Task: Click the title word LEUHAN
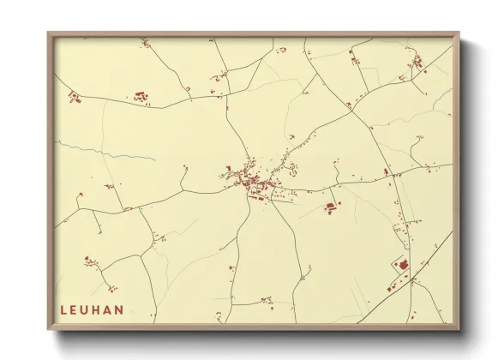click(92, 309)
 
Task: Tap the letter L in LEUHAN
click(63, 309)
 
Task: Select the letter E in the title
click(75, 309)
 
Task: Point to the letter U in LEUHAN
click(86, 309)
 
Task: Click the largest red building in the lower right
click(402, 265)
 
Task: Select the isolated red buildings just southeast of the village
click(331, 206)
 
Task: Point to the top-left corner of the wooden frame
click(49, 33)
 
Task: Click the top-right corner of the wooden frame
click(459, 33)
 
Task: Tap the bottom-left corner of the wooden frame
click(49, 329)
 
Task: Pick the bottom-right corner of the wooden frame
click(459, 329)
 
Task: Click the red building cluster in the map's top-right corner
click(417, 61)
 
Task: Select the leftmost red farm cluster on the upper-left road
click(75, 97)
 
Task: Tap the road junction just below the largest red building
click(410, 279)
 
